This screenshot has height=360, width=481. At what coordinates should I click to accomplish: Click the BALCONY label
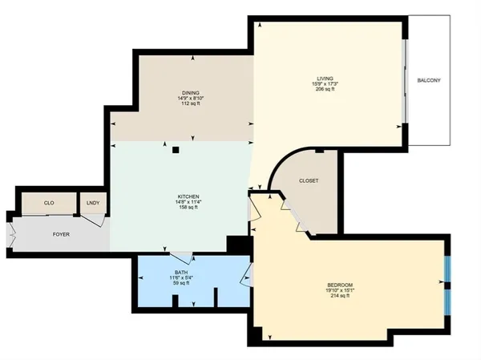[x=430, y=81]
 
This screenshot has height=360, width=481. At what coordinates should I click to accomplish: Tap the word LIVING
[x=325, y=78]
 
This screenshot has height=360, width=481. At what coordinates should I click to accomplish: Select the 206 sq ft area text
[x=325, y=89]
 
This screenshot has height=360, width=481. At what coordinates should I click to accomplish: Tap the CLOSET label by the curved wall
[x=309, y=181]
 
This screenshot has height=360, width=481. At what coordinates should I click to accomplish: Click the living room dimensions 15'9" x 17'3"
[x=325, y=83]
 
